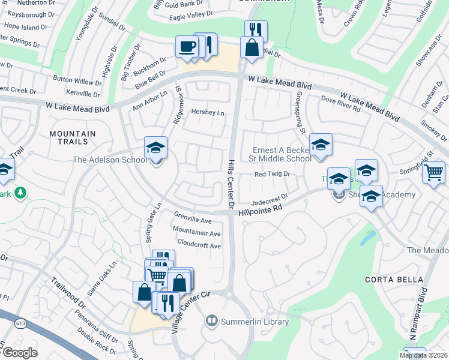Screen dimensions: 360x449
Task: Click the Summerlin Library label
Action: point(255,322)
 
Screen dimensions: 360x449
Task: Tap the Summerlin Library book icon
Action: point(211,322)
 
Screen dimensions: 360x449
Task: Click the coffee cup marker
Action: point(187,46)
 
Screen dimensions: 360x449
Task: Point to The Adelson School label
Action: point(109,160)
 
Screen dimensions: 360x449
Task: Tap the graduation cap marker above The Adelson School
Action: point(156,148)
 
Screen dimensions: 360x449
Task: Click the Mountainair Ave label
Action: point(196,233)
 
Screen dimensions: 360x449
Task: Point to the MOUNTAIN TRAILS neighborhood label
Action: point(73,137)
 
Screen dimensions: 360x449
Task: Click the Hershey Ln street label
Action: point(207,112)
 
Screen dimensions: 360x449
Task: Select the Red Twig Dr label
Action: point(273,174)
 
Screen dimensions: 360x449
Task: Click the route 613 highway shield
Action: point(22,323)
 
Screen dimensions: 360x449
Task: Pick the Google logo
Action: point(19,352)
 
